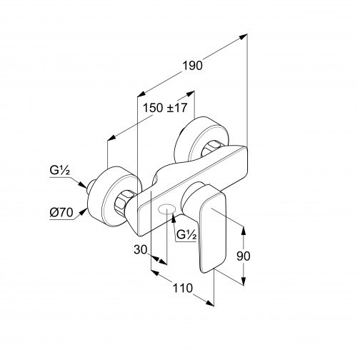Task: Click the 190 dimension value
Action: point(192,66)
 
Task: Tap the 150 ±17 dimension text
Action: point(165,108)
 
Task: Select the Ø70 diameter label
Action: point(61,212)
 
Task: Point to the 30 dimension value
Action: point(141,249)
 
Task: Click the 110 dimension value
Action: point(182,288)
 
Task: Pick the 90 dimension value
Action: point(244,256)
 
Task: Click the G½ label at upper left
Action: point(60,171)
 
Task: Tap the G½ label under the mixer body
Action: point(186,235)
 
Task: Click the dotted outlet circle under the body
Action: point(167,209)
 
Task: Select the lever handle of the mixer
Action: point(212,232)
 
